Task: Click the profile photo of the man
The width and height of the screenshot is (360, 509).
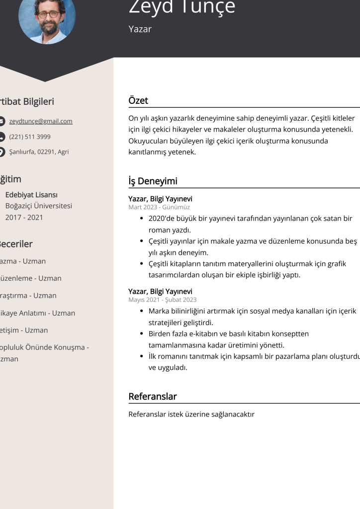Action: tap(47, 18)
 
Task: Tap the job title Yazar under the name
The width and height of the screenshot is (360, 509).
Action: tap(140, 29)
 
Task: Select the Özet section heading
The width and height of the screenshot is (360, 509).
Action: tap(138, 100)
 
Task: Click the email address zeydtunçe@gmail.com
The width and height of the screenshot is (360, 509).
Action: tap(41, 121)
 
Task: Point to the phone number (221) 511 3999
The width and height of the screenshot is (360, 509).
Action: tap(30, 137)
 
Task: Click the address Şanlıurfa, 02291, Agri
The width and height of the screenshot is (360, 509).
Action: tap(39, 152)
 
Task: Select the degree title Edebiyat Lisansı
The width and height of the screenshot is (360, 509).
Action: tap(31, 195)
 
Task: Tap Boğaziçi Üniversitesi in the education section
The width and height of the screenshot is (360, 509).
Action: tap(39, 206)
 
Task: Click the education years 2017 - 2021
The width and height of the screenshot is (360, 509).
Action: tap(24, 217)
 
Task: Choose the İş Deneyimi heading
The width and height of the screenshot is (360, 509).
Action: tap(153, 181)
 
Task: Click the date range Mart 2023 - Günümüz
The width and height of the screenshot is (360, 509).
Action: tap(159, 207)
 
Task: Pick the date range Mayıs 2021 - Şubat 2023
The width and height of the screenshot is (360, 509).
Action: tap(163, 300)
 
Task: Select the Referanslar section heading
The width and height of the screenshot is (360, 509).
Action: tap(153, 396)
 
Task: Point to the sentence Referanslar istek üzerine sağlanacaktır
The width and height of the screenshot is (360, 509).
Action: tap(191, 414)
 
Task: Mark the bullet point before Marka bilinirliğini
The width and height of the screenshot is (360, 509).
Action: tap(142, 311)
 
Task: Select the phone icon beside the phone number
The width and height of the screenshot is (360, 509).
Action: tap(1, 137)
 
